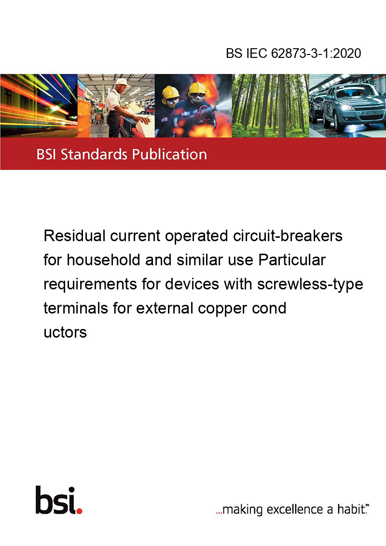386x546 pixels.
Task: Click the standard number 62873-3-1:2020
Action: click(316, 53)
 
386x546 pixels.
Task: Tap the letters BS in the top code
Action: click(234, 53)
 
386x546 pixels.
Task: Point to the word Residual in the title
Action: click(75, 236)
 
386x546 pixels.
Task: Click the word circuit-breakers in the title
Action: click(288, 236)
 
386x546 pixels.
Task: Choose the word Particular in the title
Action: click(292, 260)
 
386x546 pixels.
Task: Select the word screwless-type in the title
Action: click(310, 285)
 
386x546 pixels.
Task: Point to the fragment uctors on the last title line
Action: click(65, 332)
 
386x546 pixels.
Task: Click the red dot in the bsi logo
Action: click(79, 511)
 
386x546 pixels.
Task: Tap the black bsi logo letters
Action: click(56, 500)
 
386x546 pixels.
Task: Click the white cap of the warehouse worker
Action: click(121, 82)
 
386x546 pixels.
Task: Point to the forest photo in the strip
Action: click(270, 106)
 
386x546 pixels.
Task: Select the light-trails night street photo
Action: click(39, 106)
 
